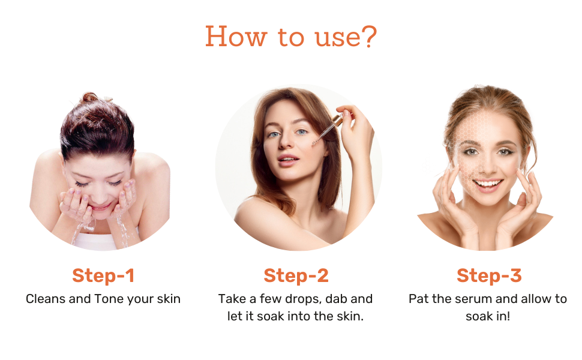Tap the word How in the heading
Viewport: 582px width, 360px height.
pyautogui.click(x=234, y=37)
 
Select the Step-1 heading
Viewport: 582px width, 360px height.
pyautogui.click(x=103, y=275)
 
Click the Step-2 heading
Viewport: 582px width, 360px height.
pyautogui.click(x=296, y=275)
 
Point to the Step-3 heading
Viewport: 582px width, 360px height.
pyautogui.click(x=489, y=275)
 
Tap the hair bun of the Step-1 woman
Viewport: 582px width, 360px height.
pyautogui.click(x=90, y=98)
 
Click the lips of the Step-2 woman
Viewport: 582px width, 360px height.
pyautogui.click(x=288, y=158)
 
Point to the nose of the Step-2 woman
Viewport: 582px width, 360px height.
pyautogui.click(x=287, y=144)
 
